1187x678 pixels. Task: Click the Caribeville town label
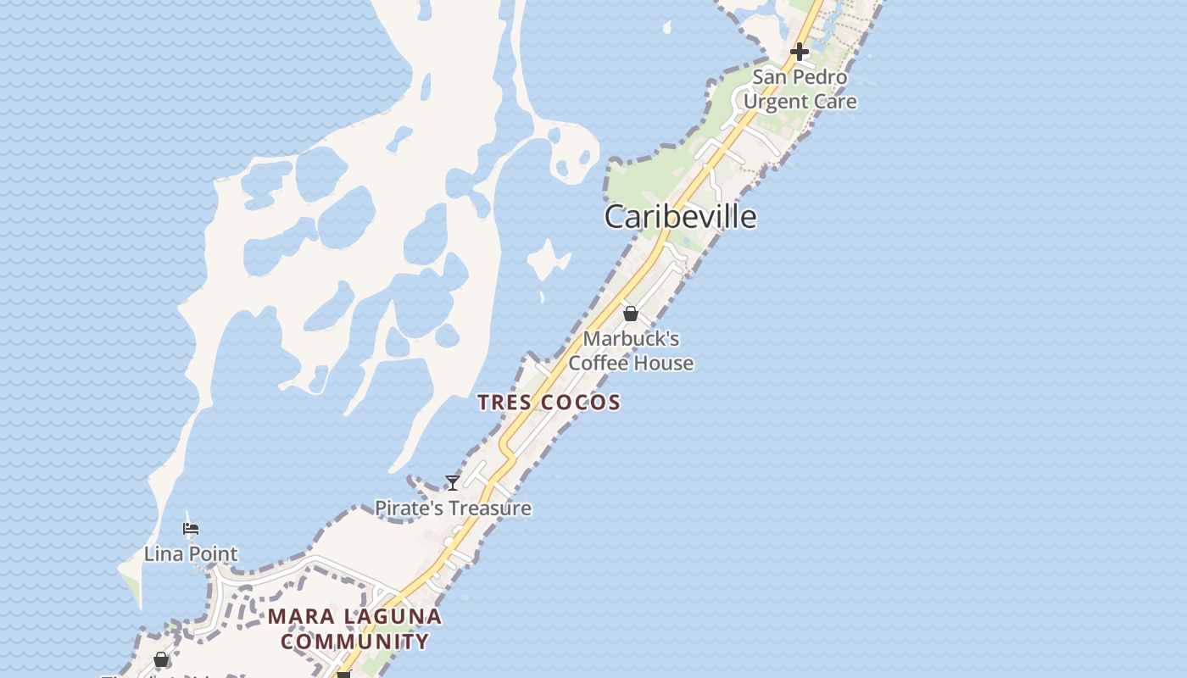pyautogui.click(x=680, y=217)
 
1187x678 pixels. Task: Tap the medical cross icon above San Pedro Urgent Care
pyautogui.click(x=799, y=52)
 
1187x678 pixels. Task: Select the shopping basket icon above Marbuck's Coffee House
pyautogui.click(x=631, y=314)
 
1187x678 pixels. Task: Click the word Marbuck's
pyautogui.click(x=631, y=339)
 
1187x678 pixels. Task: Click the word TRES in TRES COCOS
pyautogui.click(x=505, y=403)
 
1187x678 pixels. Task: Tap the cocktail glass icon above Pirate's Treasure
pyautogui.click(x=453, y=483)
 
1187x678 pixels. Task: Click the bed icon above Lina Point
pyautogui.click(x=191, y=529)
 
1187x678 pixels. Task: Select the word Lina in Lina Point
pyautogui.click(x=163, y=554)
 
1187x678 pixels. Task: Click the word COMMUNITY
pyautogui.click(x=355, y=642)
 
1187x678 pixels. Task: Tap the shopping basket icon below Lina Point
pyautogui.click(x=161, y=659)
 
